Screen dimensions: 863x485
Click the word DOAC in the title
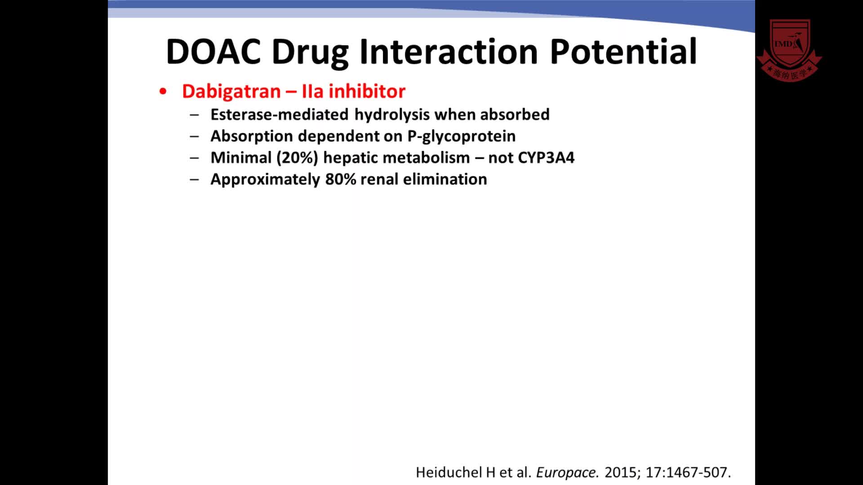point(214,52)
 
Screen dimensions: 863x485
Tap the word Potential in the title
point(623,52)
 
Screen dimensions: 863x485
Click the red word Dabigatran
point(231,92)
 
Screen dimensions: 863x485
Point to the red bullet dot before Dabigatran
point(163,92)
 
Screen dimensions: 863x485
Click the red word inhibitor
point(367,91)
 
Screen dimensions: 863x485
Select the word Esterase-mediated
point(280,115)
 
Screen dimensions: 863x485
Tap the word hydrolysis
point(392,115)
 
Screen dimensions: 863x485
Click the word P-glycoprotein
point(462,137)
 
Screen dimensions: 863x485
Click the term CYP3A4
point(546,158)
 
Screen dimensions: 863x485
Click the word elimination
point(445,179)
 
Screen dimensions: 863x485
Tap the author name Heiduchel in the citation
point(449,472)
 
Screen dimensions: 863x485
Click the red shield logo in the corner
point(789,50)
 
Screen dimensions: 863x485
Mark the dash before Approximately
point(194,179)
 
